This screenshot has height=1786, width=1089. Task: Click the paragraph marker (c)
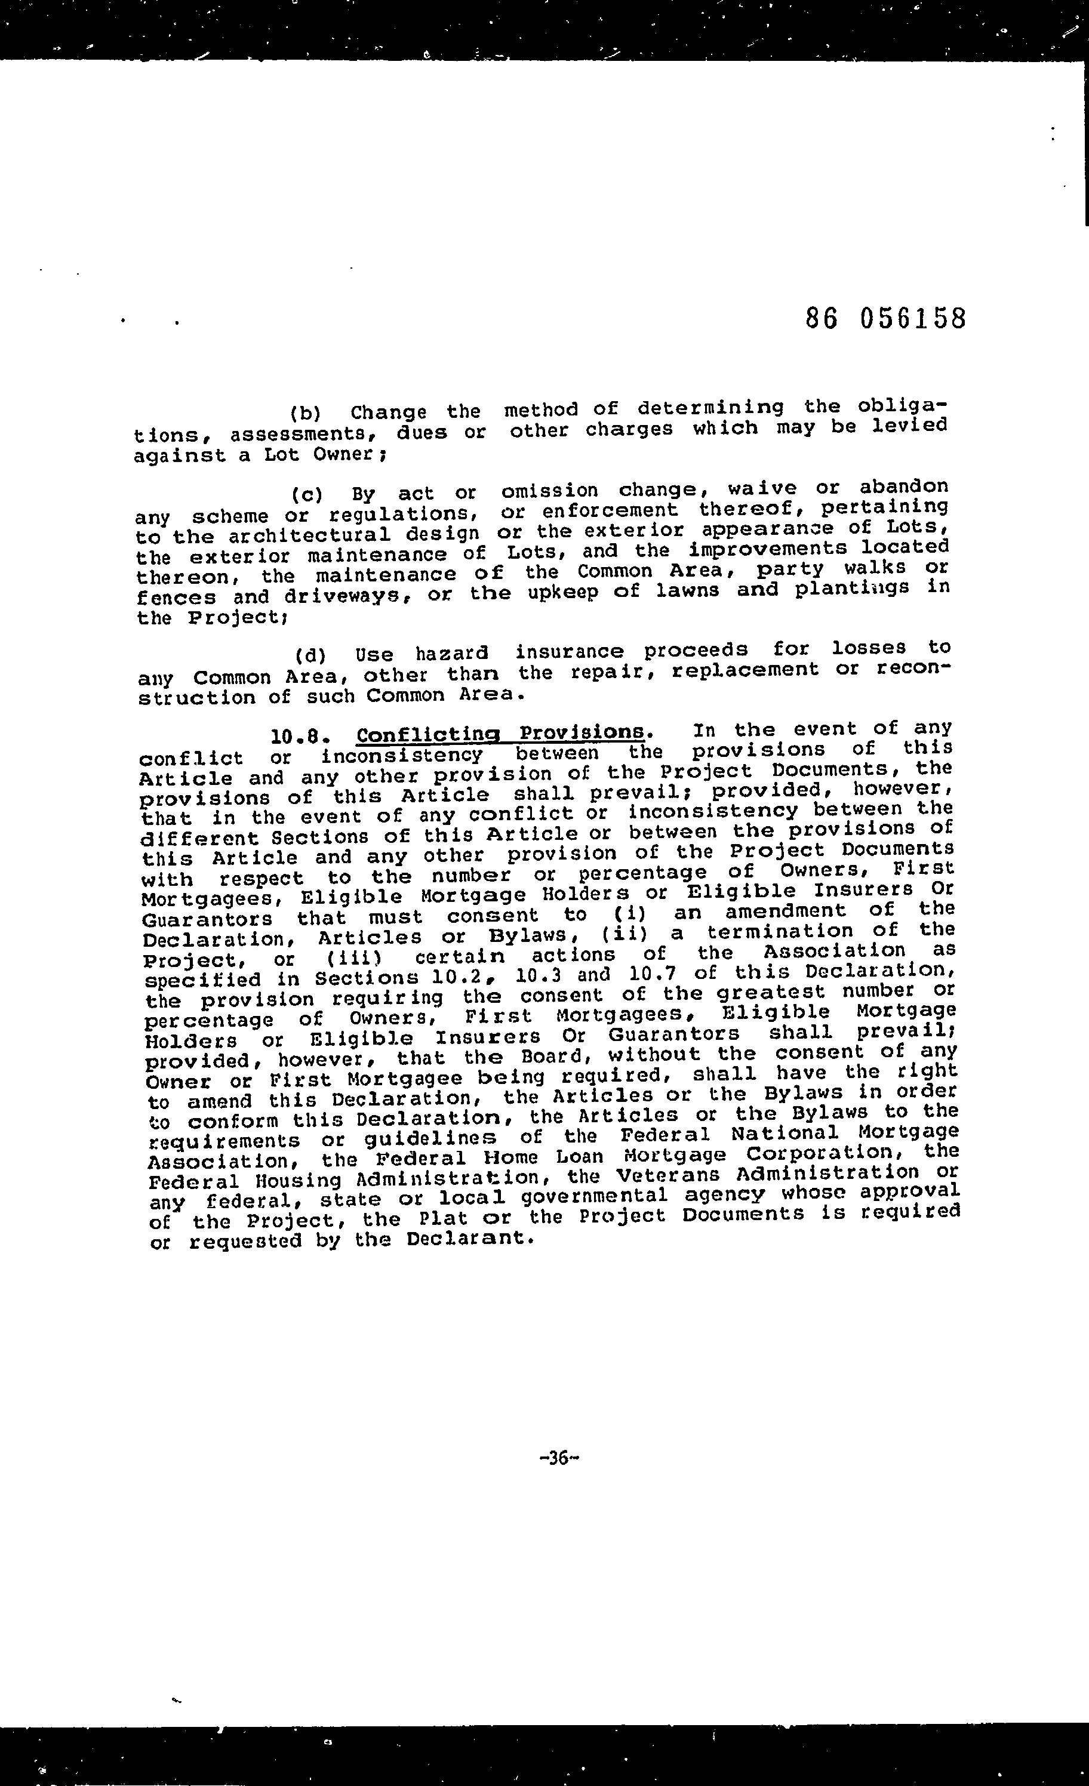click(307, 496)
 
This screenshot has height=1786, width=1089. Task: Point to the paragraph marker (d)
click(311, 656)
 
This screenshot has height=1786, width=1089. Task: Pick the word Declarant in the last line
click(467, 1237)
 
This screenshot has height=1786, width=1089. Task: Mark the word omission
click(550, 491)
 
